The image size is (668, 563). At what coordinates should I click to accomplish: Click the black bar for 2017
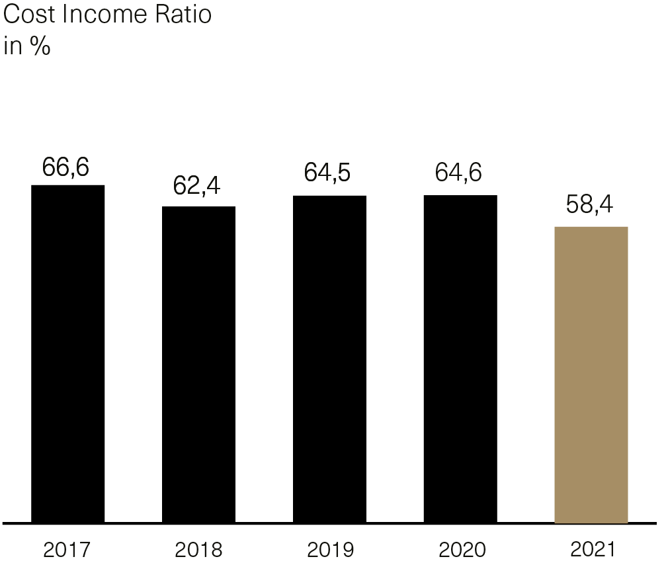[67, 354]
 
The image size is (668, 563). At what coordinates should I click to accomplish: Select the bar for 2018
[198, 365]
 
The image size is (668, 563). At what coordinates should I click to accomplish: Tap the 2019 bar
[329, 359]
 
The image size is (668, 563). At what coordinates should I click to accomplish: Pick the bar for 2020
[460, 359]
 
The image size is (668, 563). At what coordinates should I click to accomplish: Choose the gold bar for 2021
[591, 374]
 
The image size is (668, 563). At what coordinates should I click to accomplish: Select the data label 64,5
[327, 173]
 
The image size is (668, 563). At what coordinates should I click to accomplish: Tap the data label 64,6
[458, 173]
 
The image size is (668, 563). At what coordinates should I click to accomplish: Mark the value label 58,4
[589, 204]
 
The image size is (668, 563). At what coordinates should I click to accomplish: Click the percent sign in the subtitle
[40, 48]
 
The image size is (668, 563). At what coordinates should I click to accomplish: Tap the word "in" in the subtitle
[12, 48]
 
